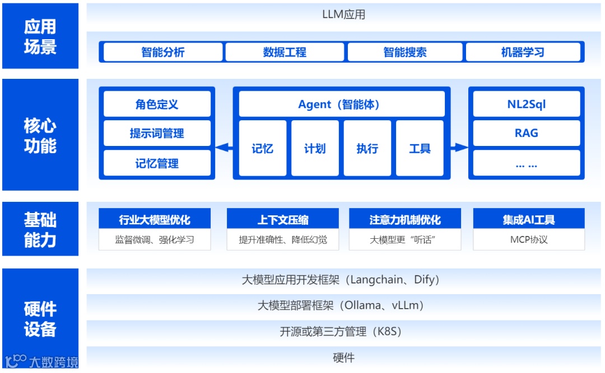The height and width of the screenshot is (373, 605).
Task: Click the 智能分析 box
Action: point(162,53)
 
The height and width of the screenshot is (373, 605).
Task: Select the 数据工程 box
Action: point(285,53)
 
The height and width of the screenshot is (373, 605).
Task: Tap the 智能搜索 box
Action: point(405,53)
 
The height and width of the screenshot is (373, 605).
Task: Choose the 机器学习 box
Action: point(523,53)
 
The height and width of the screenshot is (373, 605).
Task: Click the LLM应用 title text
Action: point(343,15)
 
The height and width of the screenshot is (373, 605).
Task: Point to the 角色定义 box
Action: point(157,104)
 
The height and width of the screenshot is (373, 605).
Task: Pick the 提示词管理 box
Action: point(157,134)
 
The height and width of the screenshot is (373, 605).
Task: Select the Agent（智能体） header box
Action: point(342,104)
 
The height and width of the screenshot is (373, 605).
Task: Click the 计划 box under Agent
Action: point(315,148)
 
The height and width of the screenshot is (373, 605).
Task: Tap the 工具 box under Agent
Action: point(420,148)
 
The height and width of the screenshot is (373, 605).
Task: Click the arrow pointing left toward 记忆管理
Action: point(224,148)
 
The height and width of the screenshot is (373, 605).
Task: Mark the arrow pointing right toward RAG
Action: point(459,148)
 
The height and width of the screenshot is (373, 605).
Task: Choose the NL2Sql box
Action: point(527,104)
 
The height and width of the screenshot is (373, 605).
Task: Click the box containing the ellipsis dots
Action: point(527,163)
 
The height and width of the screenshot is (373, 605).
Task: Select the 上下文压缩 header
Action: point(283,219)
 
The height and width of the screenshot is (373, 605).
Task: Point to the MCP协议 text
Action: point(529,240)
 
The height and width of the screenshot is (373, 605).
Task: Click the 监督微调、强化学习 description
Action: point(155,240)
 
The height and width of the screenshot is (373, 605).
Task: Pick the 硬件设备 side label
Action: point(40,319)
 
